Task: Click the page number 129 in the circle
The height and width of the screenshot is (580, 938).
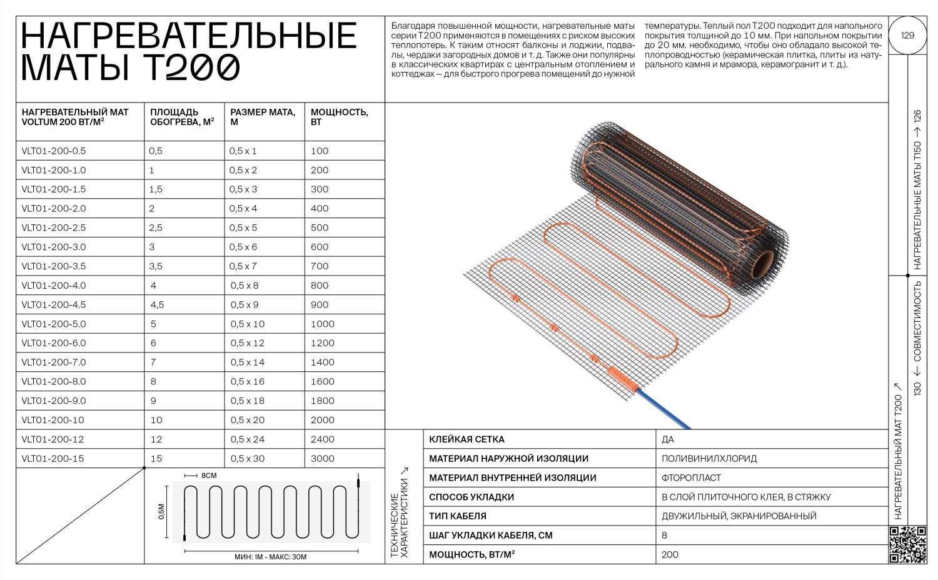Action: [x=907, y=35]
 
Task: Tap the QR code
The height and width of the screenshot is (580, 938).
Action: [x=907, y=545]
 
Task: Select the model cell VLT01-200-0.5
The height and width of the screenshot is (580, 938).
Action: [x=54, y=151]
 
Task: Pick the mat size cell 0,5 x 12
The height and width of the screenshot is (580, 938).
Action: [x=247, y=342]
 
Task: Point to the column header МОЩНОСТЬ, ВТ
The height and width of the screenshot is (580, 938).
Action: [x=339, y=117]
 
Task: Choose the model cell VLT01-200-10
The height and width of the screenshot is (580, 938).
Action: [x=53, y=420]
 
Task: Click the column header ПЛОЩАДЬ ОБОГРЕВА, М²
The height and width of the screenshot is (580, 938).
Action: [x=182, y=117]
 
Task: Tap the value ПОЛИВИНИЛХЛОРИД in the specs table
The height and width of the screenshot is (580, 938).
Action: [x=709, y=458]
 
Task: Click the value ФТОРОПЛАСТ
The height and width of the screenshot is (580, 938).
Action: [x=691, y=477]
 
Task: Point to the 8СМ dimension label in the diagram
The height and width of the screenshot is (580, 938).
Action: [x=208, y=476]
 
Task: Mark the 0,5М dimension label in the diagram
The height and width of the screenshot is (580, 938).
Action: [x=161, y=511]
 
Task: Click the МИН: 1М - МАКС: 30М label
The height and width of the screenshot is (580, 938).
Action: [x=270, y=557]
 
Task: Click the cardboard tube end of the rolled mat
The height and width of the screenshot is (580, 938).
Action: [x=769, y=266]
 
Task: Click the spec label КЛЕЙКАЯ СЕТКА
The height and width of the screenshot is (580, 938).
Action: [x=466, y=439]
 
